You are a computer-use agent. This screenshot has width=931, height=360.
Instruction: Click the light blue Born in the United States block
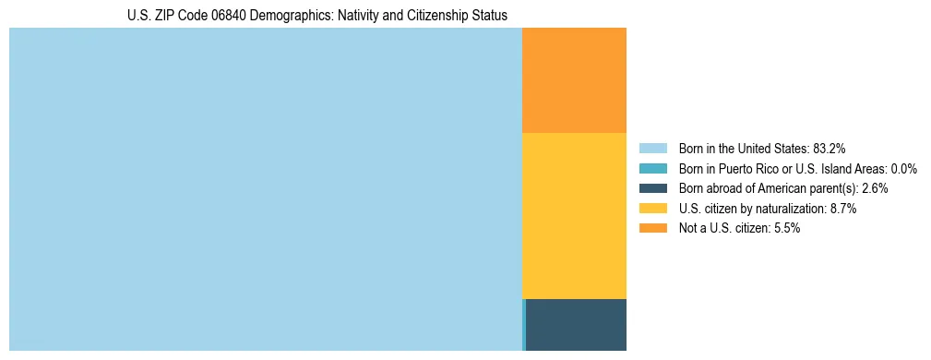pos(266,189)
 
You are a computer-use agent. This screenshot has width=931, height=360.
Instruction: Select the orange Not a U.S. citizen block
pos(574,80)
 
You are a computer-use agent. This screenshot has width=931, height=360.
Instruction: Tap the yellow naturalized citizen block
pos(574,216)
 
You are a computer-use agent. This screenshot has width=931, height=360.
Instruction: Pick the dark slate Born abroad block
pos(576,325)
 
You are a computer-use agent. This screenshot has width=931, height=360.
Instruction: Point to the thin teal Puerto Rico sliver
pos(524,325)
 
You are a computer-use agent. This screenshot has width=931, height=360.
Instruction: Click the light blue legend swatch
pos(652,148)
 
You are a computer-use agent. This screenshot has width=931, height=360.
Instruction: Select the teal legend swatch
pos(652,168)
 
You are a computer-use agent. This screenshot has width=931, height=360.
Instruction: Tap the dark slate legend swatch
pos(652,188)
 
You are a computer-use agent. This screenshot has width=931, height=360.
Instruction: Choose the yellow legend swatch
pos(652,209)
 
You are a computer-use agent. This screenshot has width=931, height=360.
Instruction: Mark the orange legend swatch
pos(652,228)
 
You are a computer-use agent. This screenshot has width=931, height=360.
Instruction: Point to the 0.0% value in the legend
pos(903,168)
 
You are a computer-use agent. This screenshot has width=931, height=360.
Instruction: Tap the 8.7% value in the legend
pos(843,209)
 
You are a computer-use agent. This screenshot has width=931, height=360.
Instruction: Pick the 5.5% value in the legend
pos(786,228)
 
